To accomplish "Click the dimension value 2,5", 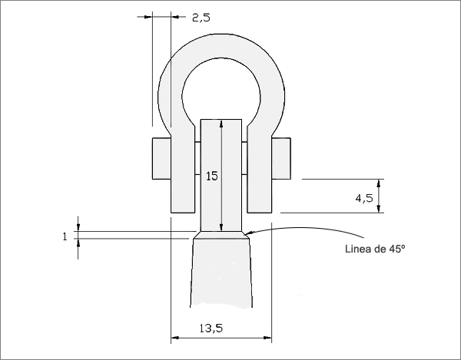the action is point(201,18).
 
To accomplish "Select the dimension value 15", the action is point(212,177).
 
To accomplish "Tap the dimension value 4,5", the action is point(364,199).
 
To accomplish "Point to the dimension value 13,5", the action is point(211,329).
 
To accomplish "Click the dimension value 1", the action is point(65,236).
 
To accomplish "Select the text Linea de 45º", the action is point(375,249).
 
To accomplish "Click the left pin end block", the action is point(161,159).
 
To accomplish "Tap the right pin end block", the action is point(281,159).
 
